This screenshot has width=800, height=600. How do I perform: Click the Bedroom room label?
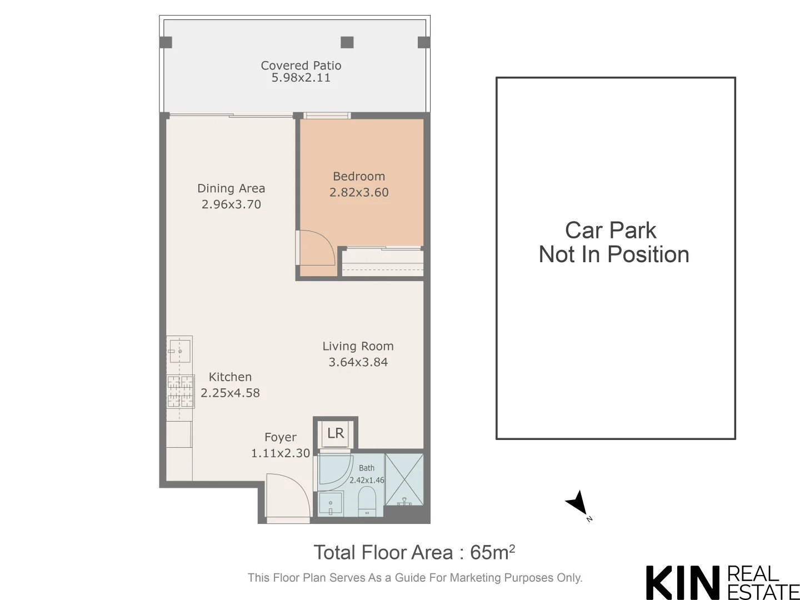359,177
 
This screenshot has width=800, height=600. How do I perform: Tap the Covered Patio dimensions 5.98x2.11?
301,78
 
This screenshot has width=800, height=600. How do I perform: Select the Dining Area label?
231,189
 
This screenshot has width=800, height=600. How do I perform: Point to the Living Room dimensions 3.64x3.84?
358,362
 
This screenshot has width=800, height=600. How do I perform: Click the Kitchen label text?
230,377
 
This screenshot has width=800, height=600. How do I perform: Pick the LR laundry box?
336,433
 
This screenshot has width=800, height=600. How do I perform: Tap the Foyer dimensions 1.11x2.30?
281,453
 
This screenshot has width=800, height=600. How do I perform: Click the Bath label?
367,468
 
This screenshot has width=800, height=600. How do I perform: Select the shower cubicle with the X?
404,479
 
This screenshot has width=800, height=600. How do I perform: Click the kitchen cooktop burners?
180,392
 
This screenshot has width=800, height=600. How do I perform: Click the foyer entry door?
288,497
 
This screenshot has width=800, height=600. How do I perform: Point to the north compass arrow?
578,503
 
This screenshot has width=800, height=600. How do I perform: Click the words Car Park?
611,231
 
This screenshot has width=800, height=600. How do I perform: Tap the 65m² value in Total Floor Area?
492,553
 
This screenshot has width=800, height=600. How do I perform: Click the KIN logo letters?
683,583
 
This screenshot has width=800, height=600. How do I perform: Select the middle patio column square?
347,42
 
